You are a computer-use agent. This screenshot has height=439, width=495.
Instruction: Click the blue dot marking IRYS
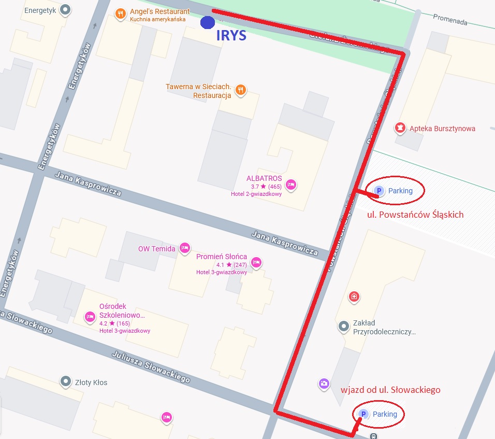coord(208,22)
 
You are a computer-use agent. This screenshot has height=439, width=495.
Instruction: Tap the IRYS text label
coord(231,36)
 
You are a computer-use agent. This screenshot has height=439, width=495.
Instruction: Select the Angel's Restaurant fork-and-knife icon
coord(120,14)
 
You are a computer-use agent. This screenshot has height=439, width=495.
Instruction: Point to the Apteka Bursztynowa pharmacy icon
coord(400,128)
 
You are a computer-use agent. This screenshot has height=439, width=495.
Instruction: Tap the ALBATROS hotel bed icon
coord(290,183)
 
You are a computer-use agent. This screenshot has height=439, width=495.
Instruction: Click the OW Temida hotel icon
coord(184,248)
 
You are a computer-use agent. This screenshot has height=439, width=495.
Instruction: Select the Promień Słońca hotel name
coord(221,257)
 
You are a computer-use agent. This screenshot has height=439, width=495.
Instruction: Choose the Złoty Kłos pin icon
coord(65,381)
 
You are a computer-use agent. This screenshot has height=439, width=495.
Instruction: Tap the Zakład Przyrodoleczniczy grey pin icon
coord(343,326)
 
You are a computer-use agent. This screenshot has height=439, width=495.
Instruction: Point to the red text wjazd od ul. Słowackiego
coord(390,390)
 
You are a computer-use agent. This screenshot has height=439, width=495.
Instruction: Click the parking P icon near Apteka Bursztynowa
coord(379,191)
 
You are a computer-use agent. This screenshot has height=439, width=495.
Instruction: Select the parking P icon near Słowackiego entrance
coord(363,414)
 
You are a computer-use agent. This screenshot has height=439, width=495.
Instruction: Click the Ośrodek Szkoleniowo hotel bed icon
coord(90,316)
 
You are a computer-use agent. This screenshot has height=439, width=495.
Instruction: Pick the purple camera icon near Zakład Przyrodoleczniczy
coord(324,384)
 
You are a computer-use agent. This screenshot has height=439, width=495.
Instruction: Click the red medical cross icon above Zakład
coord(354,296)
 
